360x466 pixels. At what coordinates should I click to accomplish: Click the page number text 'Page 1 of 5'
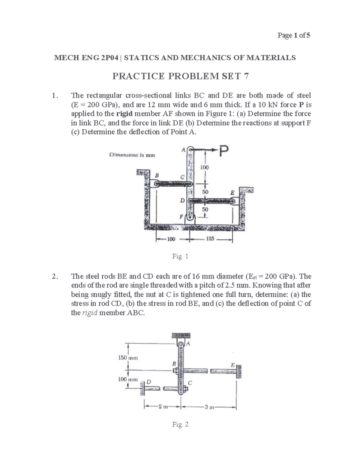[294, 35]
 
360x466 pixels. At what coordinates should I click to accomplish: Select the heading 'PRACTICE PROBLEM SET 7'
[180, 77]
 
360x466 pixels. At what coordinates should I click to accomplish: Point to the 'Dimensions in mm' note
[132, 155]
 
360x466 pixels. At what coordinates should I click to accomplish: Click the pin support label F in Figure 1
[181, 217]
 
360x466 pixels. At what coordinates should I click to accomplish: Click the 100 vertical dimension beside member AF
[205, 167]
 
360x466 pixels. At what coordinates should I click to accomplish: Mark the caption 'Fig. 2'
[180, 424]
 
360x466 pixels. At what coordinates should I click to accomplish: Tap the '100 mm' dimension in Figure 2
[127, 379]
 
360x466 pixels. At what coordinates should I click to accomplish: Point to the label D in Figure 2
[148, 381]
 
